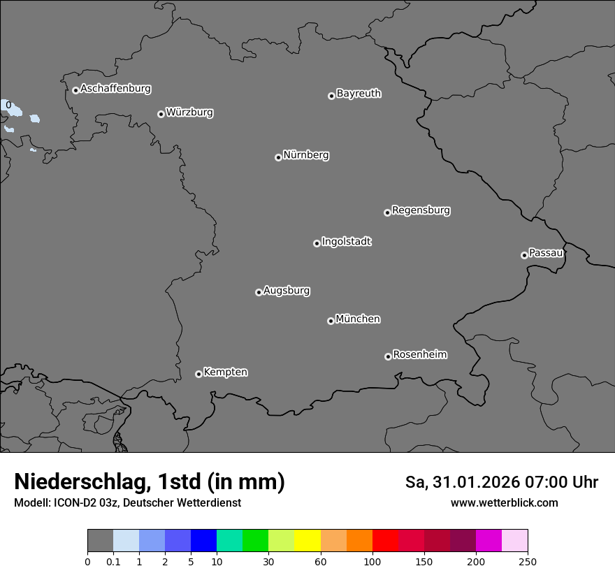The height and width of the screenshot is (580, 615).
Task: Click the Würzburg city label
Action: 189,113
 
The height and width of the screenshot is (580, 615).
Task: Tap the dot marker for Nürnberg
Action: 278,157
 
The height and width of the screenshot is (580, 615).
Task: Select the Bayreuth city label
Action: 359,94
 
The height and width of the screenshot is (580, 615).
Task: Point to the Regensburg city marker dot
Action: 387,212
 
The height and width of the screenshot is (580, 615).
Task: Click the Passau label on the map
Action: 546,253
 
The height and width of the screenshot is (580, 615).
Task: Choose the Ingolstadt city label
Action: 347,242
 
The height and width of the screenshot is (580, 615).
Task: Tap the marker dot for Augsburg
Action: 259,292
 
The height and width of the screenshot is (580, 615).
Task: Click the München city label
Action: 358,319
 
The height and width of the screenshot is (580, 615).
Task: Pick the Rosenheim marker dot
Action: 388,357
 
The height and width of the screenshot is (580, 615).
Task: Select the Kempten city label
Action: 225,372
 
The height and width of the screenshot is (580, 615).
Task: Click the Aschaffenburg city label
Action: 115,89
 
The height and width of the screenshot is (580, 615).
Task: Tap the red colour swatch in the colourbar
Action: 385,541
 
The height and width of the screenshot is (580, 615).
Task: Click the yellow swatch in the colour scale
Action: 307,541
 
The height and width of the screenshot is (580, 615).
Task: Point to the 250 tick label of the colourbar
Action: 528,561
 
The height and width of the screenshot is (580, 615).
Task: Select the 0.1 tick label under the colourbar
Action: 113,561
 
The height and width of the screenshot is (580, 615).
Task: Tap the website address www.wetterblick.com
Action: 505,502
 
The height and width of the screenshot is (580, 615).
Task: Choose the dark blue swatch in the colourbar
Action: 203,541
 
